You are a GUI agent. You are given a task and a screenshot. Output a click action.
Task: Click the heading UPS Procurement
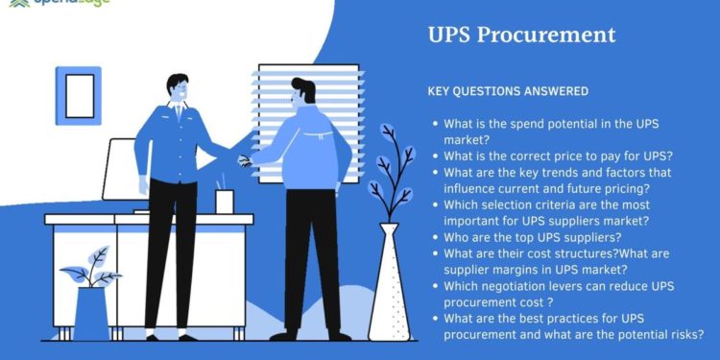(x=521, y=36)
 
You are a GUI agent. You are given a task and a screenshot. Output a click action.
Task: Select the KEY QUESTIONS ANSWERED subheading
(x=507, y=91)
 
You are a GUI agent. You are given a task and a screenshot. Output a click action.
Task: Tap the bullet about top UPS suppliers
(x=532, y=237)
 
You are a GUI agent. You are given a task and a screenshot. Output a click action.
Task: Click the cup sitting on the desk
(x=224, y=201)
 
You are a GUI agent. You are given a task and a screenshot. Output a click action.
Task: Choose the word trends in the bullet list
(x=547, y=172)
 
